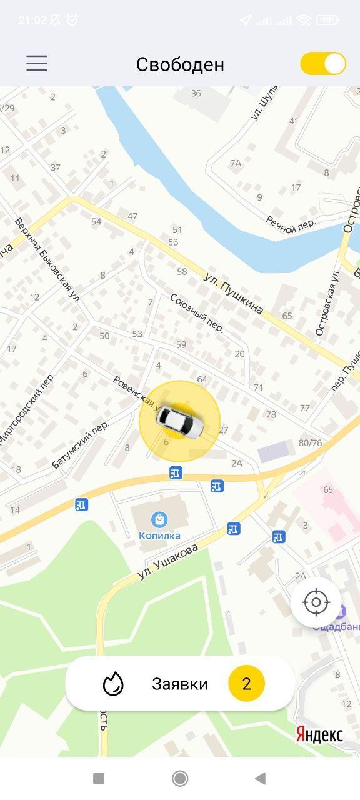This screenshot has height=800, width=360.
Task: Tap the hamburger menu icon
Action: pyautogui.click(x=37, y=63)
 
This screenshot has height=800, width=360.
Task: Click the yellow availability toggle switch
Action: pyautogui.click(x=323, y=64)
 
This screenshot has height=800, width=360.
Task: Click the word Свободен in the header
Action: pyautogui.click(x=180, y=64)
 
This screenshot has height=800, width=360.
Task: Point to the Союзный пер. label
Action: pyautogui.click(x=196, y=313)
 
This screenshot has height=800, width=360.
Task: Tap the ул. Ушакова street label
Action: pyautogui.click(x=168, y=561)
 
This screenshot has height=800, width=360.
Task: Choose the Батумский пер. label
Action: pyautogui.click(x=81, y=444)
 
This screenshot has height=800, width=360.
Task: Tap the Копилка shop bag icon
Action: pyautogui.click(x=159, y=519)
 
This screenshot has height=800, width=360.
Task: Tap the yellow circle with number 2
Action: pyautogui.click(x=246, y=684)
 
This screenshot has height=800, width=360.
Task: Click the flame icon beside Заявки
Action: pyautogui.click(x=113, y=684)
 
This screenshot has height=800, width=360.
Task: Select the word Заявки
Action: pyautogui.click(x=180, y=684)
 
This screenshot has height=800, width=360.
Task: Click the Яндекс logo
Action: pyautogui.click(x=319, y=734)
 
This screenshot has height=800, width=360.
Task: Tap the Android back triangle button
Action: pyautogui.click(x=261, y=778)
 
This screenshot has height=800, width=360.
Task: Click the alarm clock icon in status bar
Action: pyautogui.click(x=72, y=20)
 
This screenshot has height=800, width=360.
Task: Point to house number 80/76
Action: pyautogui.click(x=310, y=443)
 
